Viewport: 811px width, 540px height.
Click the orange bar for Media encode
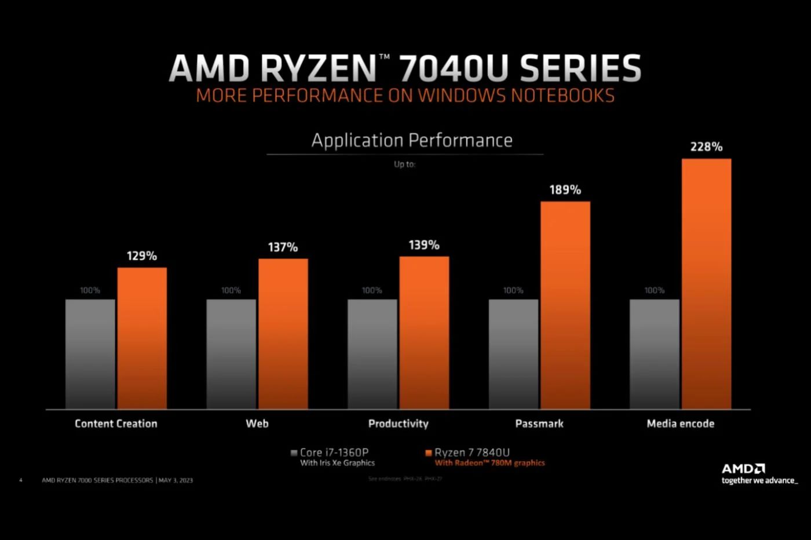pyautogui.click(x=706, y=284)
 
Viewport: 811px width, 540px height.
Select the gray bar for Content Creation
pyautogui.click(x=90, y=354)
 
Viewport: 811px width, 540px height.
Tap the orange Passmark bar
pyautogui.click(x=565, y=305)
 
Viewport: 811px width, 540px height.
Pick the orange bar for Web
pyautogui.click(x=283, y=334)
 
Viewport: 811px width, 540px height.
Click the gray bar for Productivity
pyautogui.click(x=372, y=354)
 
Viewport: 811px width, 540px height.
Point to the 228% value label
pyautogui.click(x=706, y=147)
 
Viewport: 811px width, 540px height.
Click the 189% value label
pyautogui.click(x=565, y=190)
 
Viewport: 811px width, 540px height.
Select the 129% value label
pyautogui.click(x=142, y=256)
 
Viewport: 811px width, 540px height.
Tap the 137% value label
pyautogui.click(x=283, y=247)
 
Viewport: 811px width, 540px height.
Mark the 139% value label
pyautogui.click(x=424, y=245)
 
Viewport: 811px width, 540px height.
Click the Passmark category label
pyautogui.click(x=539, y=424)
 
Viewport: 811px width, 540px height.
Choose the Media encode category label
pyautogui.click(x=680, y=424)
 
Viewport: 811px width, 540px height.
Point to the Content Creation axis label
pyautogui.click(x=116, y=424)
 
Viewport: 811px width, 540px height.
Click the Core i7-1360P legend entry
pyautogui.click(x=334, y=453)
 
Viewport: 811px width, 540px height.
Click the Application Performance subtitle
pyautogui.click(x=412, y=140)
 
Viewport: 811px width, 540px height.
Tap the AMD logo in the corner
pyautogui.click(x=743, y=469)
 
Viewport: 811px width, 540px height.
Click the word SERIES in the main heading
pyautogui.click(x=580, y=68)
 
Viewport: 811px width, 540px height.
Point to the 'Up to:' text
pyautogui.click(x=404, y=165)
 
